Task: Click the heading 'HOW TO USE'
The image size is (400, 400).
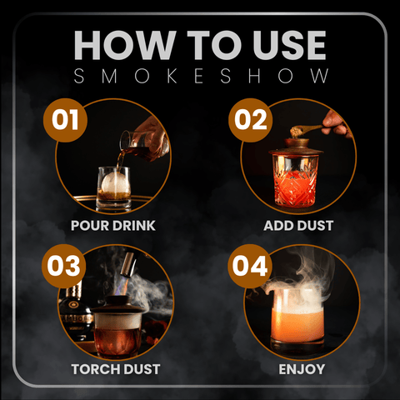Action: [x=200, y=42]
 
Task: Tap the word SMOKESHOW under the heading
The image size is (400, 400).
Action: [x=200, y=76]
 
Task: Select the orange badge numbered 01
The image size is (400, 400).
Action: [x=66, y=120]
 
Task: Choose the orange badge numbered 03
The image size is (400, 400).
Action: [x=66, y=268]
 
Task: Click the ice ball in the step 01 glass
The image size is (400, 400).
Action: [x=112, y=180]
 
